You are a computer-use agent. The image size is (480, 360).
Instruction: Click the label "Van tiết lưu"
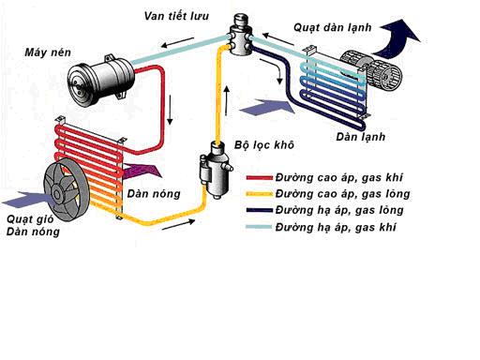(x=176, y=16)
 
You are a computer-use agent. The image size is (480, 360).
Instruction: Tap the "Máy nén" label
(x=48, y=52)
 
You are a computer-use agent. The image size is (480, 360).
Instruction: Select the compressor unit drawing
(x=101, y=81)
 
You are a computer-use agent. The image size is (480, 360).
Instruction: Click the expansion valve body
(x=240, y=36)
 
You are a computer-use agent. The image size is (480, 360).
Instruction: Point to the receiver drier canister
(x=215, y=170)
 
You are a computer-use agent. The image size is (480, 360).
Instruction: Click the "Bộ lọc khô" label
(x=264, y=145)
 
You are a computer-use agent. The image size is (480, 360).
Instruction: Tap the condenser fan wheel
(x=67, y=189)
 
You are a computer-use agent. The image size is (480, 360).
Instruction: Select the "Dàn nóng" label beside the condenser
(x=154, y=194)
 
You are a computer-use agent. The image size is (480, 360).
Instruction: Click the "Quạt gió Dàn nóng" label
(x=33, y=225)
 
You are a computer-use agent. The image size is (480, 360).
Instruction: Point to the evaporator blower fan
(x=371, y=70)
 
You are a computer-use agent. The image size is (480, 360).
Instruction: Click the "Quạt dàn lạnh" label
(x=333, y=27)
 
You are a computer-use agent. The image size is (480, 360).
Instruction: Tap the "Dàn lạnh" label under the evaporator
(x=361, y=137)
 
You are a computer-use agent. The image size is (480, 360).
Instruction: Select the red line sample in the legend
(x=259, y=178)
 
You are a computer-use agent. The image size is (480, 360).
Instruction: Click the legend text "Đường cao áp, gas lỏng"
(x=342, y=194)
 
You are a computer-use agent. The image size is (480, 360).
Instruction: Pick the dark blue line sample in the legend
(x=259, y=210)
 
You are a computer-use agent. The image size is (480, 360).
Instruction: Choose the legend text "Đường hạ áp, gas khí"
(x=336, y=227)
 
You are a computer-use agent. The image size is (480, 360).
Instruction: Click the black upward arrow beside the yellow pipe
(x=227, y=100)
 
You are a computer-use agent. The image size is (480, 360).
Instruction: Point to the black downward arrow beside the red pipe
(x=170, y=110)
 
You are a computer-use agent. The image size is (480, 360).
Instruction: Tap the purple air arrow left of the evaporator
(x=266, y=107)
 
